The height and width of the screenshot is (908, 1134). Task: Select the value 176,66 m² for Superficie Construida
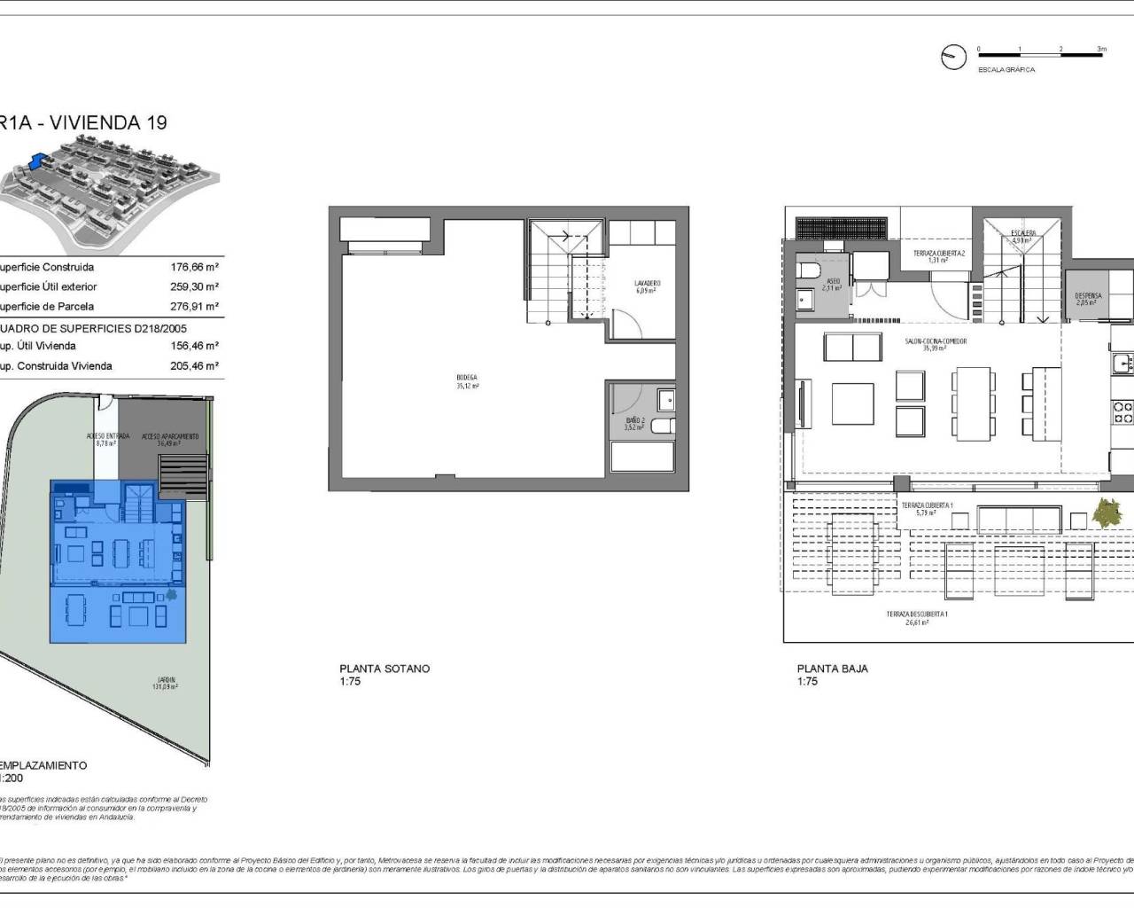[x=194, y=267]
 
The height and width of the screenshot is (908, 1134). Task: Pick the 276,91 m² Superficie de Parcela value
[x=194, y=307]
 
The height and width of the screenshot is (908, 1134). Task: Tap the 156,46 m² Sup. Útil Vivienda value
[x=194, y=346]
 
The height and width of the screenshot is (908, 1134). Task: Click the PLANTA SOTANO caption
[x=384, y=669]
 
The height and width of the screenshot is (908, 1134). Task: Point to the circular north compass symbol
[x=953, y=57]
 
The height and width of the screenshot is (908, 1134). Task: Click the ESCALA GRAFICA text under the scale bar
[x=1006, y=69]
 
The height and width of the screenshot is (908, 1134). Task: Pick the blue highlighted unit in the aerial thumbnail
[x=37, y=160]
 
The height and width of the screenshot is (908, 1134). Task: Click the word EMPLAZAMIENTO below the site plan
[x=44, y=764]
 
